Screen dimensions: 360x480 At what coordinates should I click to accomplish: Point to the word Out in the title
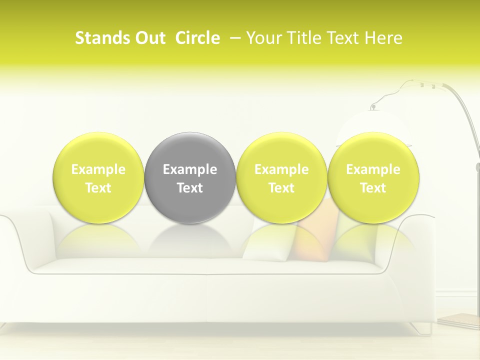[x=148, y=38]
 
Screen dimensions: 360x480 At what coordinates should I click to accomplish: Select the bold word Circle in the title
[x=197, y=38]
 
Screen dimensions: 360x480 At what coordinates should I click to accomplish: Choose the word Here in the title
[x=383, y=38]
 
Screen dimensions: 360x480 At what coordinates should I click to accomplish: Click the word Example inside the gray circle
[x=190, y=169]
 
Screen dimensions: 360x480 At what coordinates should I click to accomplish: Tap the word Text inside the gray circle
[x=190, y=188]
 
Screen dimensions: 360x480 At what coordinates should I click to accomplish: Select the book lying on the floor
[x=459, y=320]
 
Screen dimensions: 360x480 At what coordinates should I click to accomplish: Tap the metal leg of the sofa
[x=422, y=328]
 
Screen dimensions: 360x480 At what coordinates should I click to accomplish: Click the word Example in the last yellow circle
[x=373, y=169]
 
